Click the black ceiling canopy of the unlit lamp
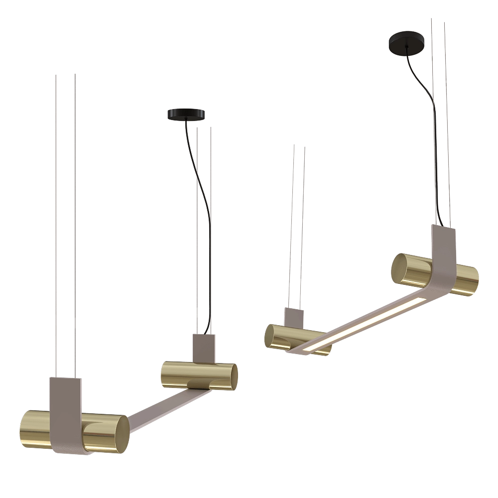coord(187,115)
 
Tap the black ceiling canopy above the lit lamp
coord(406,42)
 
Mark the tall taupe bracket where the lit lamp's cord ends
coord(443,249)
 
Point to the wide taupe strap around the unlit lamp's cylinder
coord(67,413)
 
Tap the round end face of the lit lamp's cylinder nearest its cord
coord(398,269)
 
